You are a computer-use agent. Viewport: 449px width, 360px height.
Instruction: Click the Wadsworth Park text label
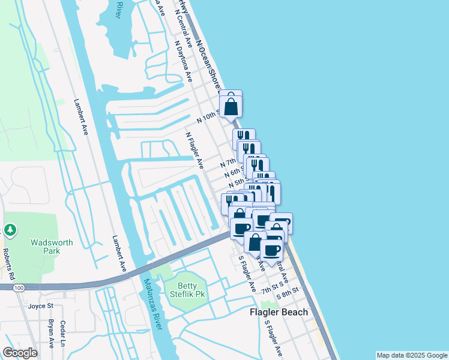click(x=52, y=247)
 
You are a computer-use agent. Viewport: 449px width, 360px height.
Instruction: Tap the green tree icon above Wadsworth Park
click(x=10, y=230)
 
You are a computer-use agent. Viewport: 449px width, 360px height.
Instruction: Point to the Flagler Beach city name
click(x=279, y=312)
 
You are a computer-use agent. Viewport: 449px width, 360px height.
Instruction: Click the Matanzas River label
click(x=152, y=303)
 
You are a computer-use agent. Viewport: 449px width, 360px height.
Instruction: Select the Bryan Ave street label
click(x=51, y=334)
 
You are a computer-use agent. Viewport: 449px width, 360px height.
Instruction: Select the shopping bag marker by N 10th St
click(x=231, y=107)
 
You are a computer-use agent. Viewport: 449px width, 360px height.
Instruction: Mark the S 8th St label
click(x=288, y=296)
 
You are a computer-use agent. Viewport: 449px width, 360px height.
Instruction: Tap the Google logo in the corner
click(x=20, y=353)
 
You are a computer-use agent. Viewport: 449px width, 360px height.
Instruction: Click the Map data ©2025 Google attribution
click(x=412, y=355)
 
